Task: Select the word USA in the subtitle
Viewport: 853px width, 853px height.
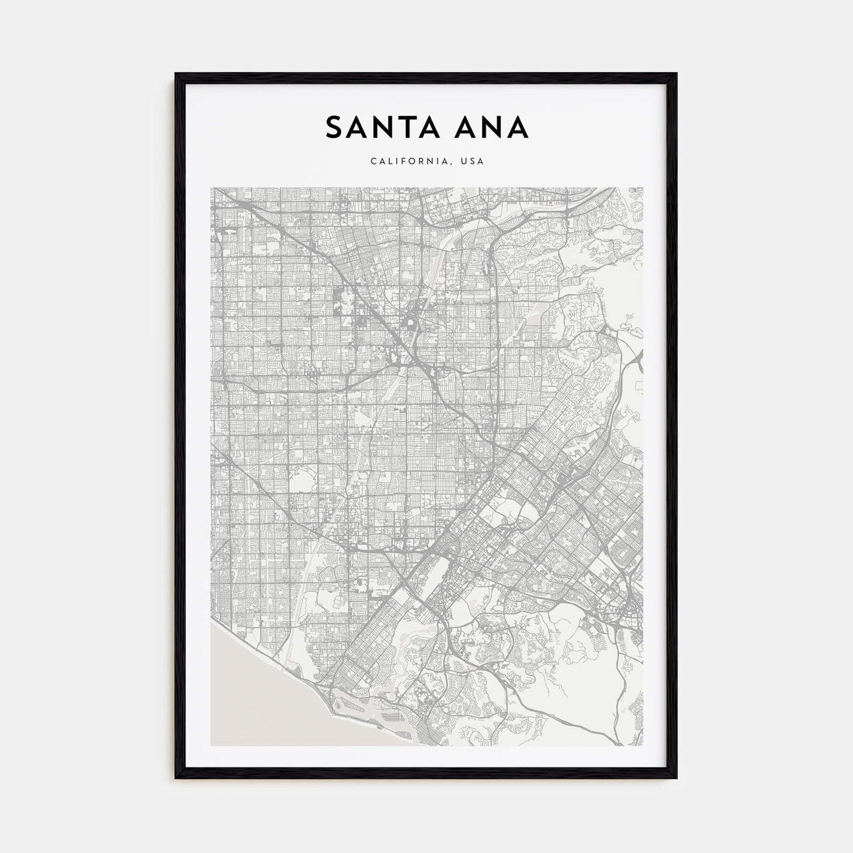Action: pos(472,162)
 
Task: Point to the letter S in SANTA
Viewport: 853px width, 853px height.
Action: pos(334,127)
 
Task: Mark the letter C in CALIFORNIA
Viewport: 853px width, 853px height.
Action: pos(372,162)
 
